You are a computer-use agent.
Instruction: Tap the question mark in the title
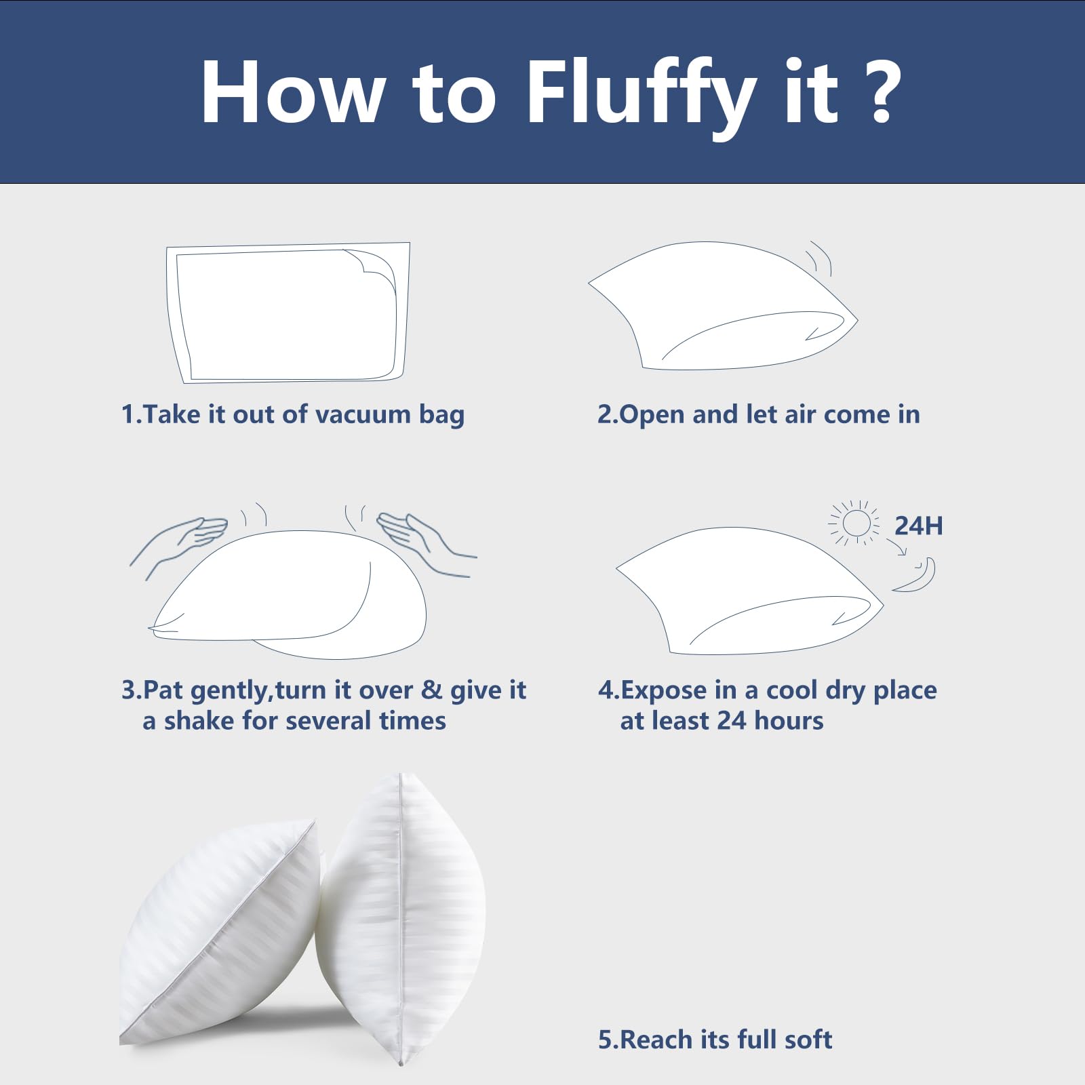click(881, 92)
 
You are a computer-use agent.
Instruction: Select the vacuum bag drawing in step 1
click(288, 313)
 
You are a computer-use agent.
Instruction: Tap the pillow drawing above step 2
click(723, 305)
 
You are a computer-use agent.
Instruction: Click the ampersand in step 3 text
click(431, 690)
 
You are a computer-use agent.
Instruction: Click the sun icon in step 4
click(855, 523)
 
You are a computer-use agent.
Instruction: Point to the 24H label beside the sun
click(919, 526)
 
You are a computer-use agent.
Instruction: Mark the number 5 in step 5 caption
click(605, 1040)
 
